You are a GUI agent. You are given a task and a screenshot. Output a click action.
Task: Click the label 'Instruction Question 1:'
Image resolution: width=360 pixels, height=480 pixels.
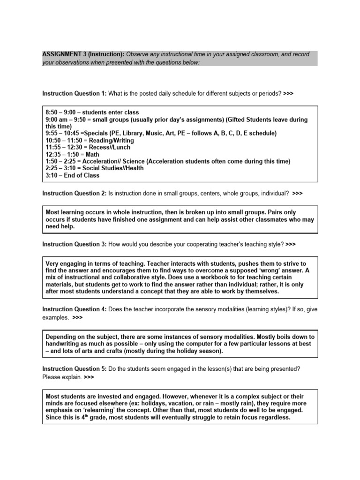pyautogui.click(x=74, y=93)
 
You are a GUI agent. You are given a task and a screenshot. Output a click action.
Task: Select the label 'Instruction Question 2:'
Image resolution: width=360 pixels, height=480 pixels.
pyautogui.click(x=74, y=193)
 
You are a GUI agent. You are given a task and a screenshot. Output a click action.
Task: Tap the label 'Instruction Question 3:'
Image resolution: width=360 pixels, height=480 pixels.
pyautogui.click(x=74, y=244)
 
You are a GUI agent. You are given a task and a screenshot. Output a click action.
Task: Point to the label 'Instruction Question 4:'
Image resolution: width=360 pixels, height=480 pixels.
pyautogui.click(x=74, y=309)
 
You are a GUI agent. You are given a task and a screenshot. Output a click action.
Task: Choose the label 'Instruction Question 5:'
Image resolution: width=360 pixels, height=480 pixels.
pyautogui.click(x=74, y=368)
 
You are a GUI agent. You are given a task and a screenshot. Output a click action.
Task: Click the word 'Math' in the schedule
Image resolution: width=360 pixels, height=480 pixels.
pyautogui.click(x=93, y=154)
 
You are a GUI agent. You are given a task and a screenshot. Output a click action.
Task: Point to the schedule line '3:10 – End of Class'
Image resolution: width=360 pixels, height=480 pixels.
pyautogui.click(x=72, y=175)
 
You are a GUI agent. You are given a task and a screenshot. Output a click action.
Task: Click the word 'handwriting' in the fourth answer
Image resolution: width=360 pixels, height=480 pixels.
pyautogui.click(x=64, y=344)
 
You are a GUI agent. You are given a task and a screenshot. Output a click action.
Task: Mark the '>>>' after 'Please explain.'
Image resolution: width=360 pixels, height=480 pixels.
pyautogui.click(x=78, y=376)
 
